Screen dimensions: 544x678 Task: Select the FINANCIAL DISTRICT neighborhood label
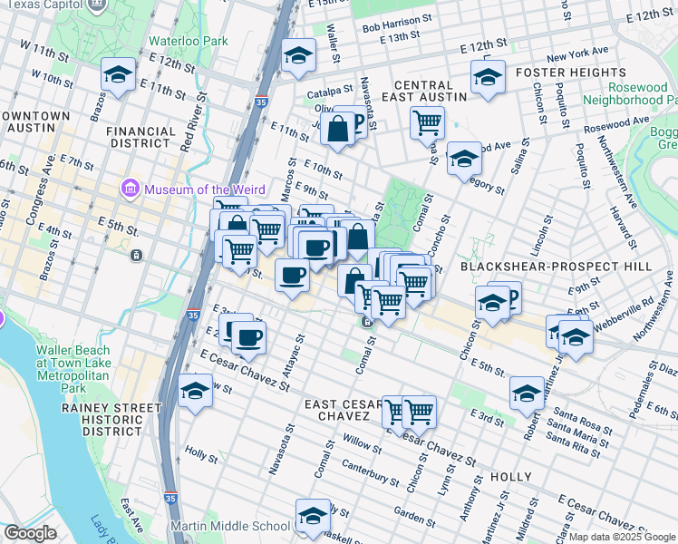click(140, 137)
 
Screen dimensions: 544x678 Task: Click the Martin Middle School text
click(233, 526)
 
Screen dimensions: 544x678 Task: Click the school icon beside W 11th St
click(118, 74)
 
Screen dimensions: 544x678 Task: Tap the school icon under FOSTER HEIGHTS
click(487, 77)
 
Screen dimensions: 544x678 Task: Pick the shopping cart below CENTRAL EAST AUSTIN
click(427, 121)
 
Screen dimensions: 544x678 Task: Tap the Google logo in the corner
click(31, 533)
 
